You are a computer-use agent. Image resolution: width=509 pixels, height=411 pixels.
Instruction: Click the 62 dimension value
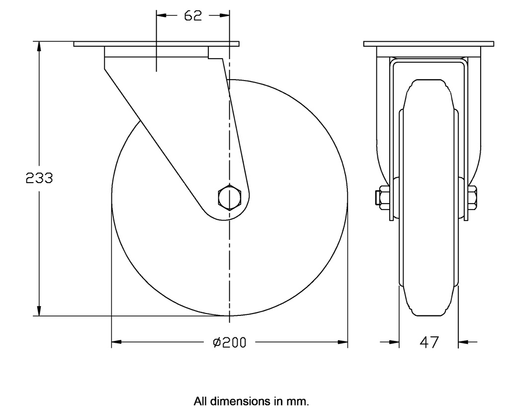pos(193,16)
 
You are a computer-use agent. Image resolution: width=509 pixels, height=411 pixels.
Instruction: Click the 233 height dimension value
pos(39,178)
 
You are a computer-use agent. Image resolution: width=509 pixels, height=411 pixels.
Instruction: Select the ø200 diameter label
pos(229,342)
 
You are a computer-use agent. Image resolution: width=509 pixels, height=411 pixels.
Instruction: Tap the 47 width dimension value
pos(429,342)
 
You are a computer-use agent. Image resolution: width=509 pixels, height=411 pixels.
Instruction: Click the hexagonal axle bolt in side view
pos(229,198)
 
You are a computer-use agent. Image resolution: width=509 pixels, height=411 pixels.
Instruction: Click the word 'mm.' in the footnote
pos(298,401)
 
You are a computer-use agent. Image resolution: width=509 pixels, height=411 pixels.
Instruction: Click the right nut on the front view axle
pos(472,198)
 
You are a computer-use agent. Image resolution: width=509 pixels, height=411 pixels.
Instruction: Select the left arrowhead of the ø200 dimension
pos(116,342)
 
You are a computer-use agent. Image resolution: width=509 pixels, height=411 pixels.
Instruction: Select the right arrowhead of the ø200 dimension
pos(342,342)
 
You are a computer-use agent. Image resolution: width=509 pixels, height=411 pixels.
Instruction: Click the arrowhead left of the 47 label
pos(395,342)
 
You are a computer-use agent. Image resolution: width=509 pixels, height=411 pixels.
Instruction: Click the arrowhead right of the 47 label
pos(463,342)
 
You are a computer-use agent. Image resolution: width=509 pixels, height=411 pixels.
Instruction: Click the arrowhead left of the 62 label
pos(161,16)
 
